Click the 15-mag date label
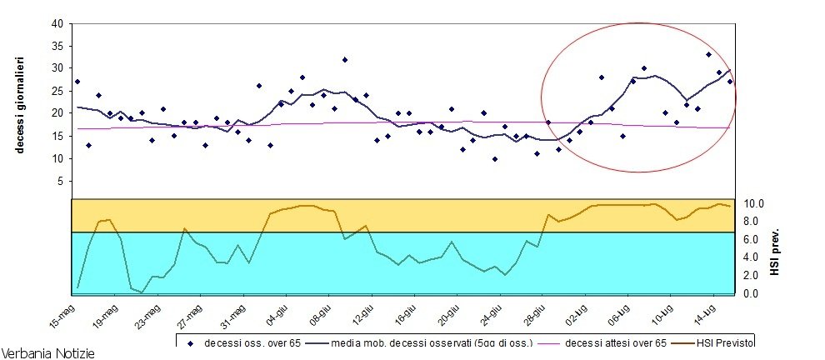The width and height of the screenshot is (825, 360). click(62, 313)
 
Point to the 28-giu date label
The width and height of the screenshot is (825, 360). click(532, 313)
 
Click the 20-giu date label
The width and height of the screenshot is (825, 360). click(447, 313)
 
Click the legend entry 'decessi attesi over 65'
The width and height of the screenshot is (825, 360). click(615, 342)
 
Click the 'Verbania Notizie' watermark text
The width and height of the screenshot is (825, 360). click(48, 352)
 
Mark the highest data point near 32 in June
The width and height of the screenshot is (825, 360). click(344, 60)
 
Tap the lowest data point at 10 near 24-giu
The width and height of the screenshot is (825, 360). click(494, 158)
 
